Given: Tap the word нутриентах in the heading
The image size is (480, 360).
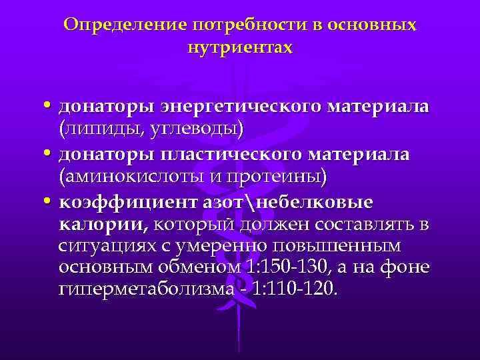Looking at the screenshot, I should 240,49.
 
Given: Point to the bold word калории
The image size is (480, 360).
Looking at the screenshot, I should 101,223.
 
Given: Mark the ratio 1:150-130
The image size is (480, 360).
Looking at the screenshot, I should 312,267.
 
